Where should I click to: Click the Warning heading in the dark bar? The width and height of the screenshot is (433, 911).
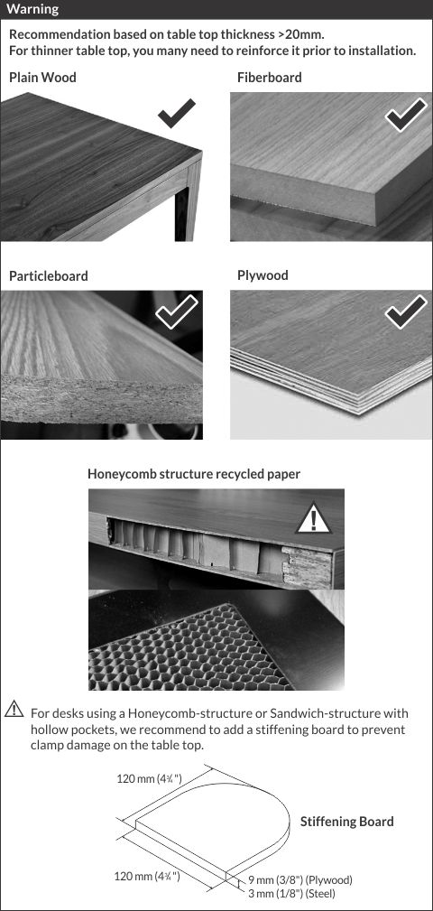32,9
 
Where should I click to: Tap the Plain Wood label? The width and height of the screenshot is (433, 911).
42,78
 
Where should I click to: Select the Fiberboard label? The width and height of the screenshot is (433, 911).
270,78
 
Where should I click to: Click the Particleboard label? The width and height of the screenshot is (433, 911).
49,276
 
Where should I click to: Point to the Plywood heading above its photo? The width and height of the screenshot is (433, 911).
263,275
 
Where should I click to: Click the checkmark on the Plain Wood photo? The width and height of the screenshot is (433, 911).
177,113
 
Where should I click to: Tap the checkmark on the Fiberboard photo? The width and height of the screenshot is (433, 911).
406,115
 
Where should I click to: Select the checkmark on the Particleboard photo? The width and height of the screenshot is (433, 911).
177,311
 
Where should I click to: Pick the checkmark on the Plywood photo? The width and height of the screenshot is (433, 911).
406,311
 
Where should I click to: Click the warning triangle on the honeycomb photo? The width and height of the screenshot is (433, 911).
314,519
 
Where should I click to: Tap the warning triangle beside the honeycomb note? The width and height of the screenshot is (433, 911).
14,709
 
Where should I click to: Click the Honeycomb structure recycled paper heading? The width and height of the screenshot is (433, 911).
194,474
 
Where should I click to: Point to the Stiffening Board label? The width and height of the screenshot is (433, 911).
346,822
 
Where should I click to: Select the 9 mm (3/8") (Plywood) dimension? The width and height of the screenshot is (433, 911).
300,880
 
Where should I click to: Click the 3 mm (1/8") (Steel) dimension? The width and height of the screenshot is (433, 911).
291,893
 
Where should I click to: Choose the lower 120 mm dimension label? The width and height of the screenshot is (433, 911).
147,876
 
